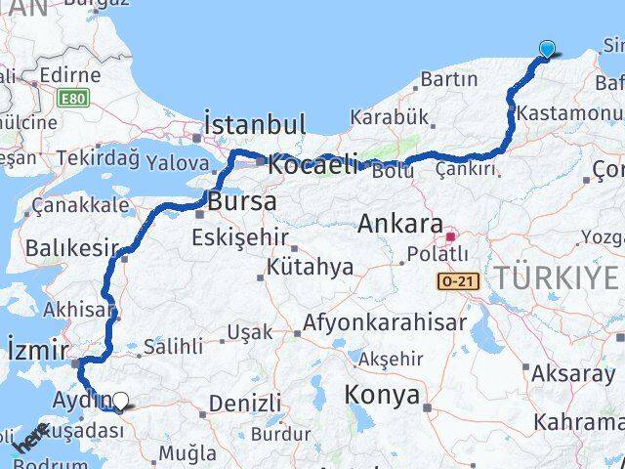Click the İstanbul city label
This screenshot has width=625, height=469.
(255, 125)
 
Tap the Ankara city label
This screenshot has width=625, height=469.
(400, 224)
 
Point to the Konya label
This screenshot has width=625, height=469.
(383, 396)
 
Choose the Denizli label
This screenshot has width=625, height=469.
(244, 403)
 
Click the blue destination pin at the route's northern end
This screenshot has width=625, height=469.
(547, 50)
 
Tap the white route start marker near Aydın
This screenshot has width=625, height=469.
(120, 400)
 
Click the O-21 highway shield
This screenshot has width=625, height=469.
(457, 281)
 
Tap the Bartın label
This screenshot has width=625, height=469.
(450, 78)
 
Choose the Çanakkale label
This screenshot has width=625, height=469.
(80, 205)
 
